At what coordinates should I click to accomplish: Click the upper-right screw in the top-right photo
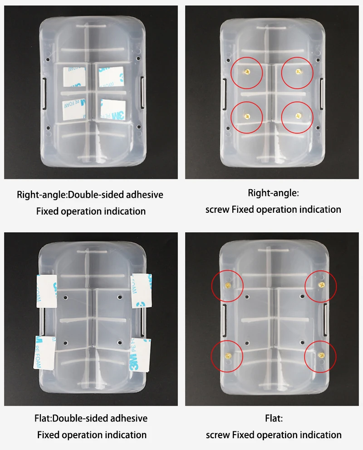[298, 71]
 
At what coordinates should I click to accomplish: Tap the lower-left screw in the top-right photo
[247, 115]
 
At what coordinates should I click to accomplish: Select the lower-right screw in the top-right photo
[298, 116]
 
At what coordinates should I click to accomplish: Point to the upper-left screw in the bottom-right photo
[228, 284]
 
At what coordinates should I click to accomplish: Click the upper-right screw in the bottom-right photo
[321, 284]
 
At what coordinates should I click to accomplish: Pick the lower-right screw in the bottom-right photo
[321, 354]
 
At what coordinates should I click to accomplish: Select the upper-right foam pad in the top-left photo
[112, 77]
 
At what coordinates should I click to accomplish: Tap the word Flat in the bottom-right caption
[274, 418]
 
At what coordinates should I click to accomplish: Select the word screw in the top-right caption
[217, 210]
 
